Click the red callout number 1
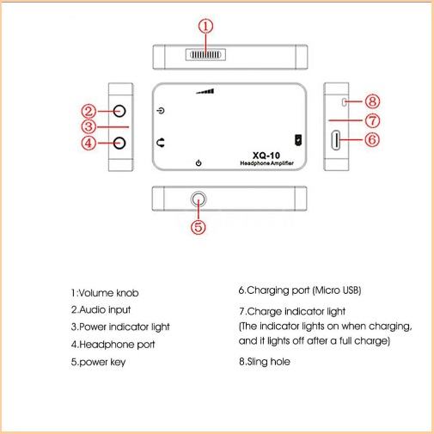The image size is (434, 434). pos(205,27)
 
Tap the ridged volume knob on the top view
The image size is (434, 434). pos(205,54)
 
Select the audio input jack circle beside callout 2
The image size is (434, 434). pos(119,111)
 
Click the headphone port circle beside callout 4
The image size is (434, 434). pos(119,143)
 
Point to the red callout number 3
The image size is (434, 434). pos(89,126)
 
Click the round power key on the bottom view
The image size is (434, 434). pos(199,199)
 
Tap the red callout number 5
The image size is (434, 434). pos(199,227)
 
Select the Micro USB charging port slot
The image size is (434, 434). pos(335,140)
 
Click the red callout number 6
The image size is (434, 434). pos(372,140)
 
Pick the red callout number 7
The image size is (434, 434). pos(373,120)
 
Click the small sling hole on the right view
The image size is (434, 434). pos(345,102)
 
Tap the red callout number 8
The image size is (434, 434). pos(373,101)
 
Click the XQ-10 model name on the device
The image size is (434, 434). pos(266,156)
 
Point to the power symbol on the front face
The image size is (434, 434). pos(199,163)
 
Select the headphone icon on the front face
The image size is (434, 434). pos(161,143)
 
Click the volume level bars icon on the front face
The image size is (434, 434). pos(205,91)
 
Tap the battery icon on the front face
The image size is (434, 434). pos(298,140)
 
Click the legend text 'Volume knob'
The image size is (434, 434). pos(108,293)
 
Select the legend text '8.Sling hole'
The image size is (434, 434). pos(265,362)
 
